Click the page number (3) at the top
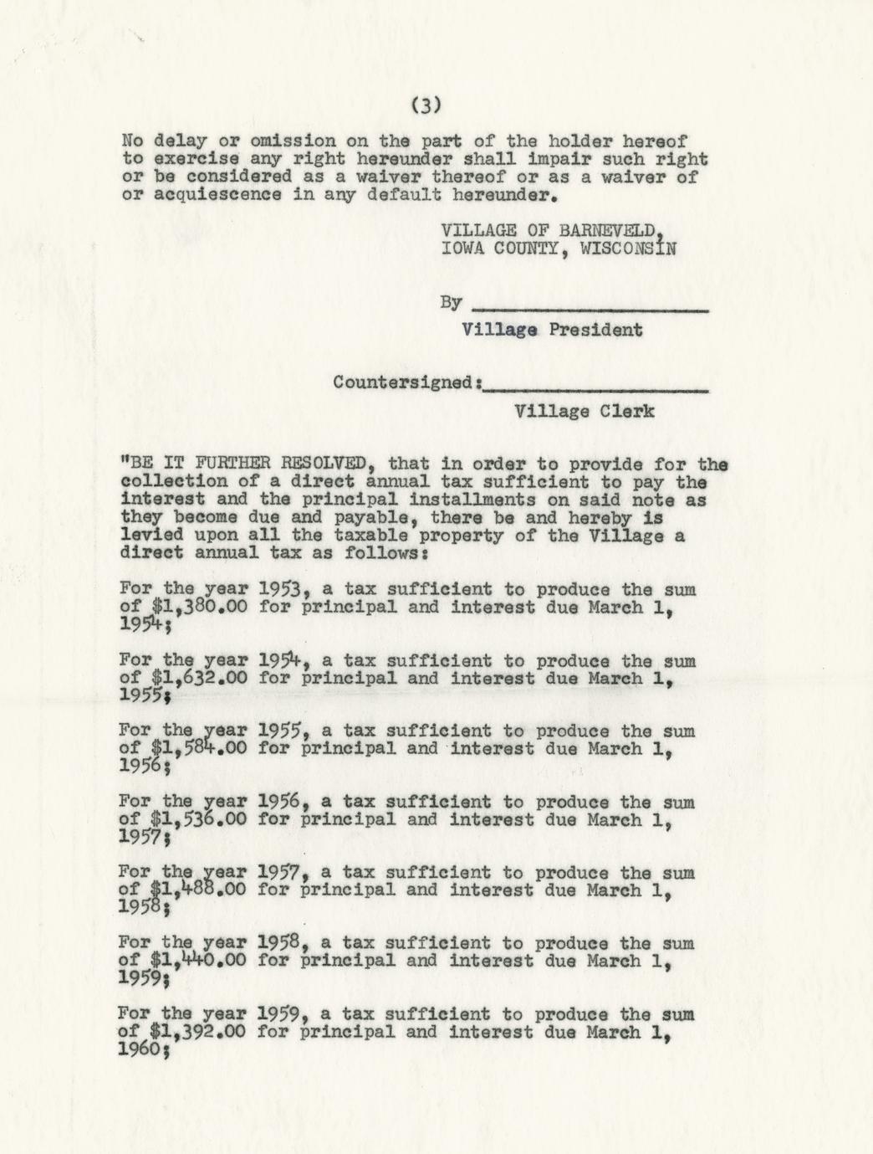click(x=426, y=105)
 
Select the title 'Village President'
click(x=552, y=330)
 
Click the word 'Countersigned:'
click(x=407, y=382)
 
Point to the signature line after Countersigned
click(x=596, y=389)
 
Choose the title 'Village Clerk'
click(x=585, y=411)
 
